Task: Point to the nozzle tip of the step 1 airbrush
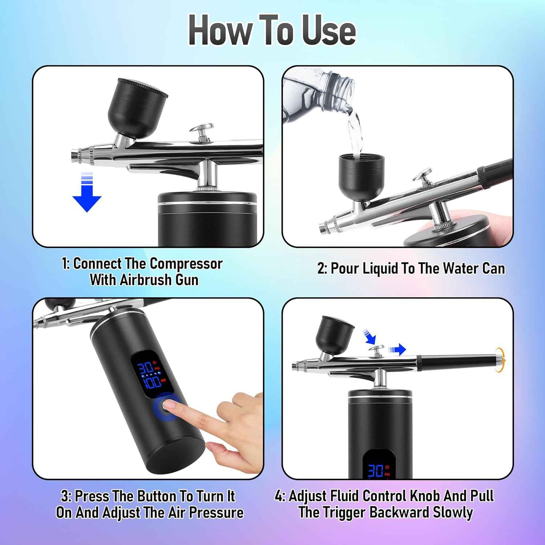(x=74, y=155)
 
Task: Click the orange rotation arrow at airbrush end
(x=501, y=360)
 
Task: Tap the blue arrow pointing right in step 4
(x=397, y=350)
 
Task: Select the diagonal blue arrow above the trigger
(x=370, y=337)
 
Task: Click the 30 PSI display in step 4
(x=378, y=471)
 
